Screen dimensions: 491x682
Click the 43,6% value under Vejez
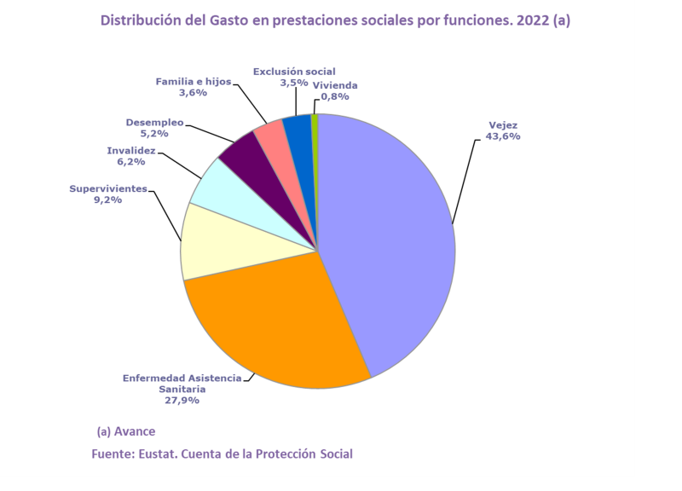(x=502, y=136)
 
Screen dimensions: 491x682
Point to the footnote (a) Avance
(x=126, y=431)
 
